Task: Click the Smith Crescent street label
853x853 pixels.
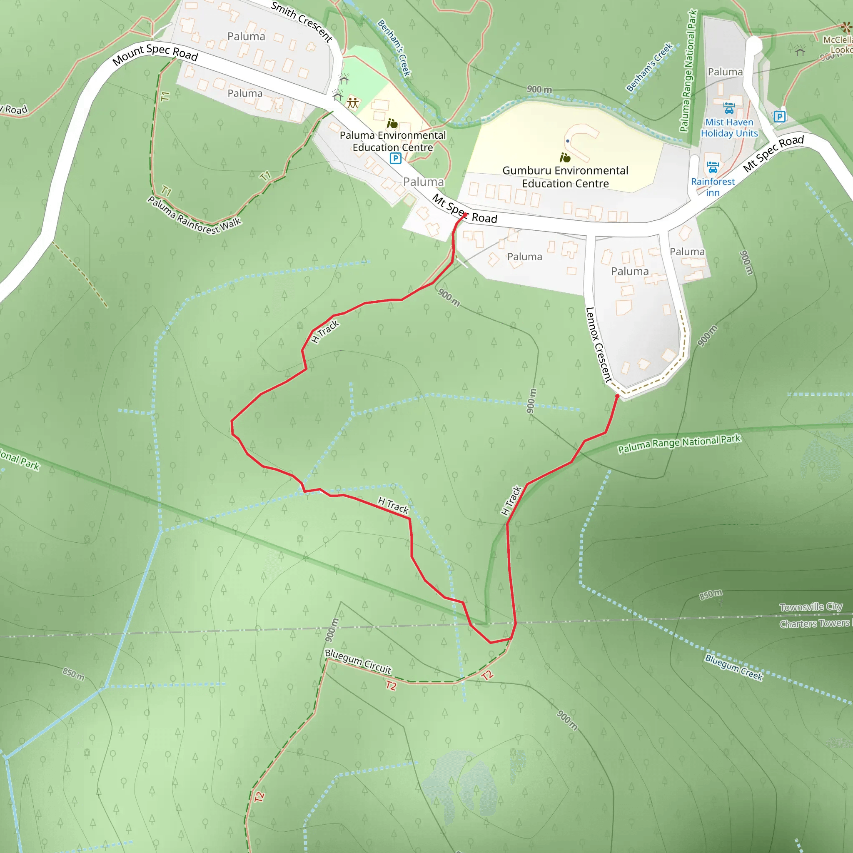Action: [301, 21]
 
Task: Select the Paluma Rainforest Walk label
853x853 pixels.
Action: [194, 215]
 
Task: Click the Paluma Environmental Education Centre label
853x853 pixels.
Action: [392, 141]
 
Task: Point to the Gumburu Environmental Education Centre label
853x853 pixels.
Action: [565, 177]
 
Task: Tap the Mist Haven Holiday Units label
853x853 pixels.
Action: [729, 127]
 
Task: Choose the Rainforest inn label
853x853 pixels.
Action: [713, 187]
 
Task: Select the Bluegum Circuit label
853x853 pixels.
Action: [358, 661]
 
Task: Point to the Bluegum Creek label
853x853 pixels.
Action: [733, 667]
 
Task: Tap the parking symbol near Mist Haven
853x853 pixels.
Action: [779, 117]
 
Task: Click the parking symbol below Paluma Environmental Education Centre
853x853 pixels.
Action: [395, 158]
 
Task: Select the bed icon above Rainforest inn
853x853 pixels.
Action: [713, 167]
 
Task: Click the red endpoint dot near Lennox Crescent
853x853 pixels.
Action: [617, 397]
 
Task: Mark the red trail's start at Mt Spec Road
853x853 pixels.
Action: [465, 215]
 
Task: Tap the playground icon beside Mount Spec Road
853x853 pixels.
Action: [352, 102]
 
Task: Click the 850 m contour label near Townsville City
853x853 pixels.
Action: [711, 594]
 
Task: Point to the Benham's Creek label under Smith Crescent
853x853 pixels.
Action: [394, 47]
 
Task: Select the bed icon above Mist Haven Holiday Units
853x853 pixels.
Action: [729, 107]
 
